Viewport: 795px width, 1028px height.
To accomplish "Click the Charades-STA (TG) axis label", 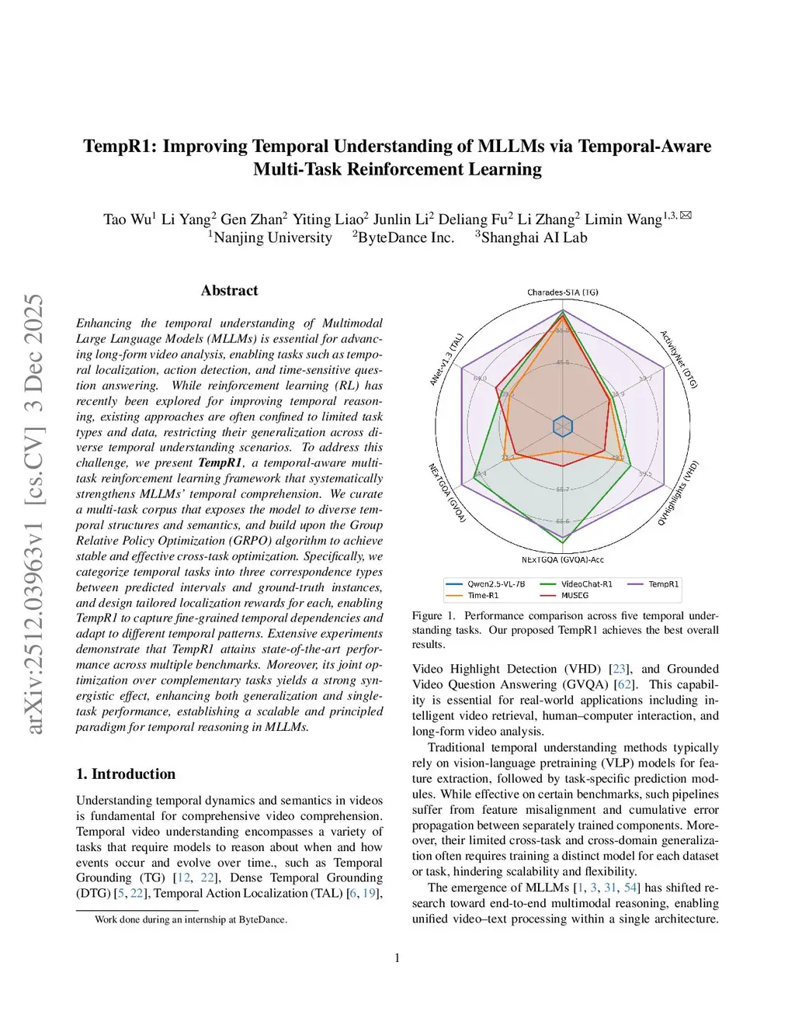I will tap(562, 292).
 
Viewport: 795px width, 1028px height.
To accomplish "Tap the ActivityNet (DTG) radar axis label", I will tap(679, 359).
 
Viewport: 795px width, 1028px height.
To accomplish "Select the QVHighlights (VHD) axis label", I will tap(679, 493).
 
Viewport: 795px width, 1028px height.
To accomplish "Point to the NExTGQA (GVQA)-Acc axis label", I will tap(562, 559).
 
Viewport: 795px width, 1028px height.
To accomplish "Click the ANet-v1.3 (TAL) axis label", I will tap(446, 359).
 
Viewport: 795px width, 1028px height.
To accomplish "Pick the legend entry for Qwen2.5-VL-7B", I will tap(495, 584).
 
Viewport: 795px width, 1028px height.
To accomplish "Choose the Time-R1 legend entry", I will tap(483, 596).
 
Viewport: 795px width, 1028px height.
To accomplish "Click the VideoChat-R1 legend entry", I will tap(586, 584).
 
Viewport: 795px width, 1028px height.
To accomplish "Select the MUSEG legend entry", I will tap(575, 596).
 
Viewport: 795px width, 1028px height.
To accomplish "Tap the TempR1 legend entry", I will tap(663, 584).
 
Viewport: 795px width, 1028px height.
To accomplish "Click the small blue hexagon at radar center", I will tap(563, 426).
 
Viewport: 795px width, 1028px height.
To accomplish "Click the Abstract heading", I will tap(229, 291).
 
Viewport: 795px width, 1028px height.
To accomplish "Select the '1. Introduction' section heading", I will tap(126, 774).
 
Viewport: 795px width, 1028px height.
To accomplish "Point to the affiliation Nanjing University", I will tap(273, 238).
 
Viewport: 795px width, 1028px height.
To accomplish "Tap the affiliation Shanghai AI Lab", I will tap(534, 238).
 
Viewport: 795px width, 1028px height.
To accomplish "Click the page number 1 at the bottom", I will tap(397, 958).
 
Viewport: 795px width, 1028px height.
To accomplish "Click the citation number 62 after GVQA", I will tap(623, 684).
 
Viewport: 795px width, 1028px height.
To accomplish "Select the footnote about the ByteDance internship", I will tap(190, 919).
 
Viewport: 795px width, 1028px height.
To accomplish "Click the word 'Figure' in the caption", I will tap(427, 615).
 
